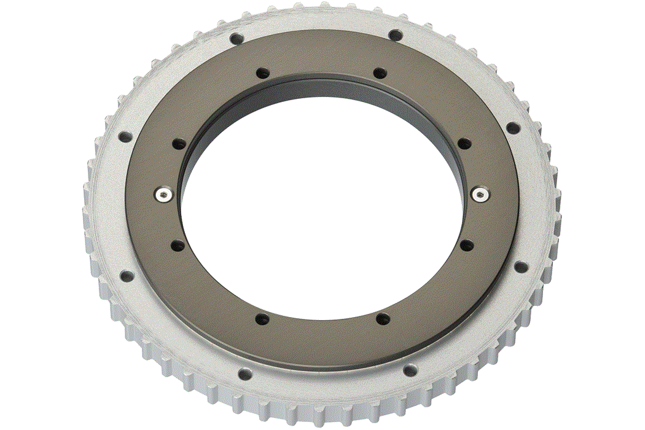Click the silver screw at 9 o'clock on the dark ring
163,194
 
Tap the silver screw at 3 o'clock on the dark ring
480,194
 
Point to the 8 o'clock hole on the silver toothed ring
126,276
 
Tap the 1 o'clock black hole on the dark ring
380,73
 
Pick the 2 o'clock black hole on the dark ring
464,143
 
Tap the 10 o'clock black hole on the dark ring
178,144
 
